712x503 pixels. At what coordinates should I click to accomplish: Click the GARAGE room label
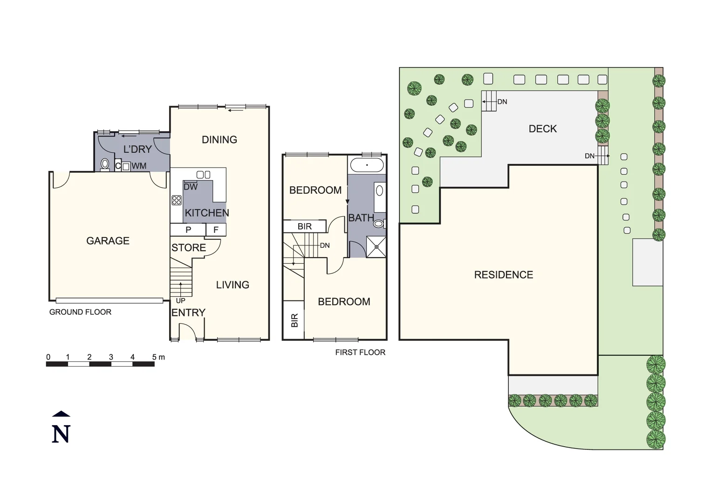click(108, 241)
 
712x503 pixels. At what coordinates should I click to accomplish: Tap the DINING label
click(219, 140)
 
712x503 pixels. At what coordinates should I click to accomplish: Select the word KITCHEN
click(207, 213)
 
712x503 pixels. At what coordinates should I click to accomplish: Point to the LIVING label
click(232, 285)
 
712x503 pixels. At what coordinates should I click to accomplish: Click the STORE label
click(188, 248)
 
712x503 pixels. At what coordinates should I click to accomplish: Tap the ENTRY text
click(188, 313)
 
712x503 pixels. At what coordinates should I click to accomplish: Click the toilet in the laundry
click(105, 164)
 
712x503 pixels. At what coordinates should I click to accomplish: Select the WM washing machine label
click(139, 166)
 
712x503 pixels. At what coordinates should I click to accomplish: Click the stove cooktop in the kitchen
click(176, 200)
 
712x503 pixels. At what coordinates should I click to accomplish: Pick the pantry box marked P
click(188, 230)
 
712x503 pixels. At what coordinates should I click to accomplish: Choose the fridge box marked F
click(216, 230)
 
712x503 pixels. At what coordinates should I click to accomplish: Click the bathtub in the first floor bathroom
click(367, 165)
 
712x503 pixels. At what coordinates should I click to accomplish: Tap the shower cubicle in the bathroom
click(376, 247)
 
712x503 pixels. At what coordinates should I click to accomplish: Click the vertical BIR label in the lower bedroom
click(294, 320)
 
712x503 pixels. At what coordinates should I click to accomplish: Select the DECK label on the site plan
click(542, 129)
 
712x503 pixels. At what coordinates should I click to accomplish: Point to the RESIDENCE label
click(503, 275)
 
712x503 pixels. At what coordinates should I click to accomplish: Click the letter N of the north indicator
click(61, 434)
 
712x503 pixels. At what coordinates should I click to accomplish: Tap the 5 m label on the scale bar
click(158, 357)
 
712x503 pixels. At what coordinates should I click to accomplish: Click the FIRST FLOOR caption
click(360, 353)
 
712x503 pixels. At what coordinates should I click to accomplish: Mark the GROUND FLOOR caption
click(80, 312)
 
